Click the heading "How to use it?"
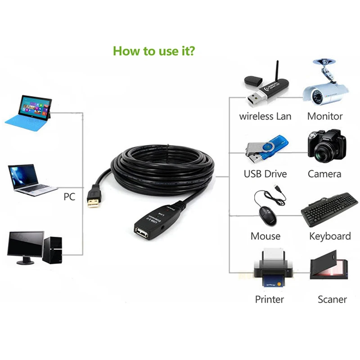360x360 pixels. [x=154, y=50]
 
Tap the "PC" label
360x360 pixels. [x=69, y=197]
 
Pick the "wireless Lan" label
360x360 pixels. [x=265, y=116]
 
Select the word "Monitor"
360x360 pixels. [x=325, y=116]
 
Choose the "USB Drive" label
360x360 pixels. [x=265, y=174]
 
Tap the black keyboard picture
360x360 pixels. [x=329, y=209]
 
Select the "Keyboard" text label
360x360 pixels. [x=330, y=236]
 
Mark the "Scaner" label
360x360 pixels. [x=332, y=299]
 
